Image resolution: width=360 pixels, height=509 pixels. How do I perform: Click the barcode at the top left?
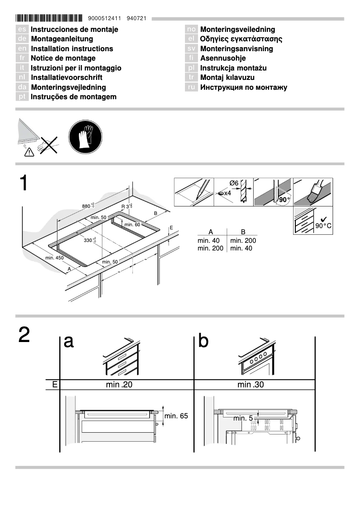click(49, 18)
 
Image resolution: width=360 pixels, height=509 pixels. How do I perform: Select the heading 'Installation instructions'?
click(72, 48)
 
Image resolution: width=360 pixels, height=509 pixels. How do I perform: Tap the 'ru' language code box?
click(192, 87)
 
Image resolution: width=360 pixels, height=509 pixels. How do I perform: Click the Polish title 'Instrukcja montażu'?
click(233, 68)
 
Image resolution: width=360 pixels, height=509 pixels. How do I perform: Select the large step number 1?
click(24, 184)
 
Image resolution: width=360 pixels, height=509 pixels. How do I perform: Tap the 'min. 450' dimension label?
click(54, 258)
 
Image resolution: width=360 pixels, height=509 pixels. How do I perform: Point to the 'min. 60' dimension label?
click(132, 224)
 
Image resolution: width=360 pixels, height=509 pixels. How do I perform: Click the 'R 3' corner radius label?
click(126, 206)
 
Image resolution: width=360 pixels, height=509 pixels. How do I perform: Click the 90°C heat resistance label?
click(323, 226)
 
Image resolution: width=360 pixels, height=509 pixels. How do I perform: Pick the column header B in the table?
click(243, 232)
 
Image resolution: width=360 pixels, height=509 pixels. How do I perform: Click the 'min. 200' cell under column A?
click(211, 248)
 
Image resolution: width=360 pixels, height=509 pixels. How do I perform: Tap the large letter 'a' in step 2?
click(69, 342)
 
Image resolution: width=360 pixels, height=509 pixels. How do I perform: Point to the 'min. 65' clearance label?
click(176, 416)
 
